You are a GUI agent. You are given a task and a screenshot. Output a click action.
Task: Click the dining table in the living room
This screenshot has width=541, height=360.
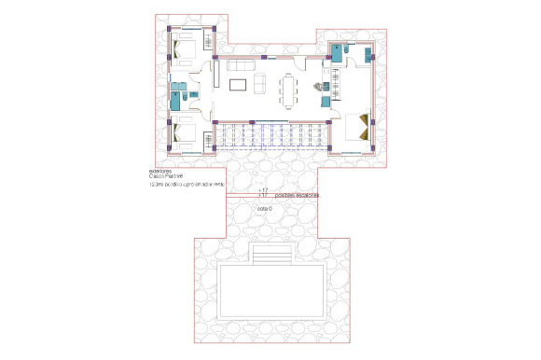tap(287, 87)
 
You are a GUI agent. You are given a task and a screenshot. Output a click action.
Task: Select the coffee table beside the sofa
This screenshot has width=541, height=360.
tap(239, 85)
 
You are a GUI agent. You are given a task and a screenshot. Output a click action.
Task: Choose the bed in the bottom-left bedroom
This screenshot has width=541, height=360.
tap(190, 136)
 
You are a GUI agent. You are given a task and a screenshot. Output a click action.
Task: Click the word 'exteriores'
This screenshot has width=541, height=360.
tap(160, 171)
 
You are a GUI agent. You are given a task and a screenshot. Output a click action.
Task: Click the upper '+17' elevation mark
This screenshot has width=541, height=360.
tap(263, 189)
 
